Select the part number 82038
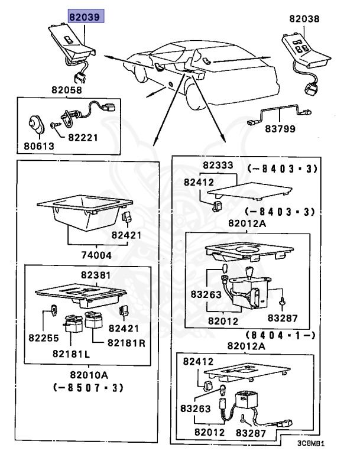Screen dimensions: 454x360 (x=304, y=19)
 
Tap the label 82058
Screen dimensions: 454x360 (x=67, y=90)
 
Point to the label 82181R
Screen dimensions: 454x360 (x=126, y=343)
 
